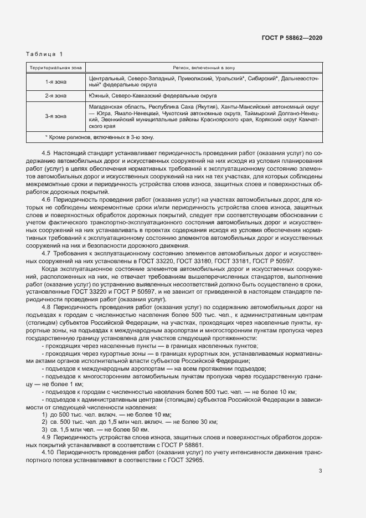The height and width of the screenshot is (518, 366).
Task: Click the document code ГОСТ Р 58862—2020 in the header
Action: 292,38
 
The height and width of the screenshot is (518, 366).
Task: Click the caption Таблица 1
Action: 44,54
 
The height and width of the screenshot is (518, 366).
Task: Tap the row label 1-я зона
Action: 55,82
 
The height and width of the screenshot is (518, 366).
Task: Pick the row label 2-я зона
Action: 55,95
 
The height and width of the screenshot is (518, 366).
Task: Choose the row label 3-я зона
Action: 55,116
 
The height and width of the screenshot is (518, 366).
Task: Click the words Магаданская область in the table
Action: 114,106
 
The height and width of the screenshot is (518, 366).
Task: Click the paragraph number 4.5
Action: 47,152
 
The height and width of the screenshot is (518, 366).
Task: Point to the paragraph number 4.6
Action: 47,199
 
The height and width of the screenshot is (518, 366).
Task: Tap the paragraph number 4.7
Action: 47,253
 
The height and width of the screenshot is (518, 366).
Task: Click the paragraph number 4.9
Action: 47,437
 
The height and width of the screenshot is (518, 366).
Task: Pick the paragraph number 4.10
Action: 48,453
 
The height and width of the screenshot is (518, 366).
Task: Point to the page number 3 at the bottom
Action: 320,471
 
